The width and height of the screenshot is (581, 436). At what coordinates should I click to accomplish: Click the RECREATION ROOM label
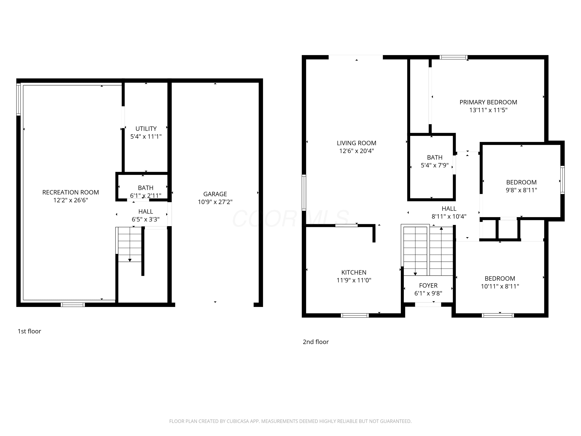click(71, 192)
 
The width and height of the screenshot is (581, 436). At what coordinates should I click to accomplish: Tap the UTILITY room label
click(146, 129)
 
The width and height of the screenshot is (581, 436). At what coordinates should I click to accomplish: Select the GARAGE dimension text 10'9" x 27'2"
click(215, 202)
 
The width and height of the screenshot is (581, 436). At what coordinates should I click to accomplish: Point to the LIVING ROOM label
click(356, 143)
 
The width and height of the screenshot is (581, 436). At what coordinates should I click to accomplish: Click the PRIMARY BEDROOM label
click(488, 102)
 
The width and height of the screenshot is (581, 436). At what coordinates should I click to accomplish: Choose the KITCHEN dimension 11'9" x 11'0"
click(354, 280)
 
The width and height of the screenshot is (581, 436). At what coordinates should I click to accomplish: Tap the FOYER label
click(428, 285)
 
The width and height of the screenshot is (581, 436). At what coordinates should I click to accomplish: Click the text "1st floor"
click(29, 331)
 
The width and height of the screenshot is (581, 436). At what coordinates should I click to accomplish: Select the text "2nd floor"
click(316, 342)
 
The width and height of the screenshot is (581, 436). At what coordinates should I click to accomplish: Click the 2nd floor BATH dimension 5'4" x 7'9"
click(435, 165)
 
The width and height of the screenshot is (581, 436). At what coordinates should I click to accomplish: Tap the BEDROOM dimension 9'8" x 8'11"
click(521, 190)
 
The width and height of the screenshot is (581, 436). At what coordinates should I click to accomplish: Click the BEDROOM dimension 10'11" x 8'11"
click(500, 286)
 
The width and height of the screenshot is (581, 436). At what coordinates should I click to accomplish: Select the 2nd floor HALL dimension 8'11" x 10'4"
click(449, 216)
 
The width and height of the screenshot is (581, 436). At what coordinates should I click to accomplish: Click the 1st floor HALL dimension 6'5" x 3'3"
click(145, 219)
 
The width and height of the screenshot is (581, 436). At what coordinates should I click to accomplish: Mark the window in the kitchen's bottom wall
click(355, 315)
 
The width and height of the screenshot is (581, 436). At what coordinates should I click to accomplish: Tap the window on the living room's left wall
click(304, 193)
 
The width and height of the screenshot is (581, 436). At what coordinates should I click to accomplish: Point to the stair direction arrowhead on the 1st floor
click(130, 260)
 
